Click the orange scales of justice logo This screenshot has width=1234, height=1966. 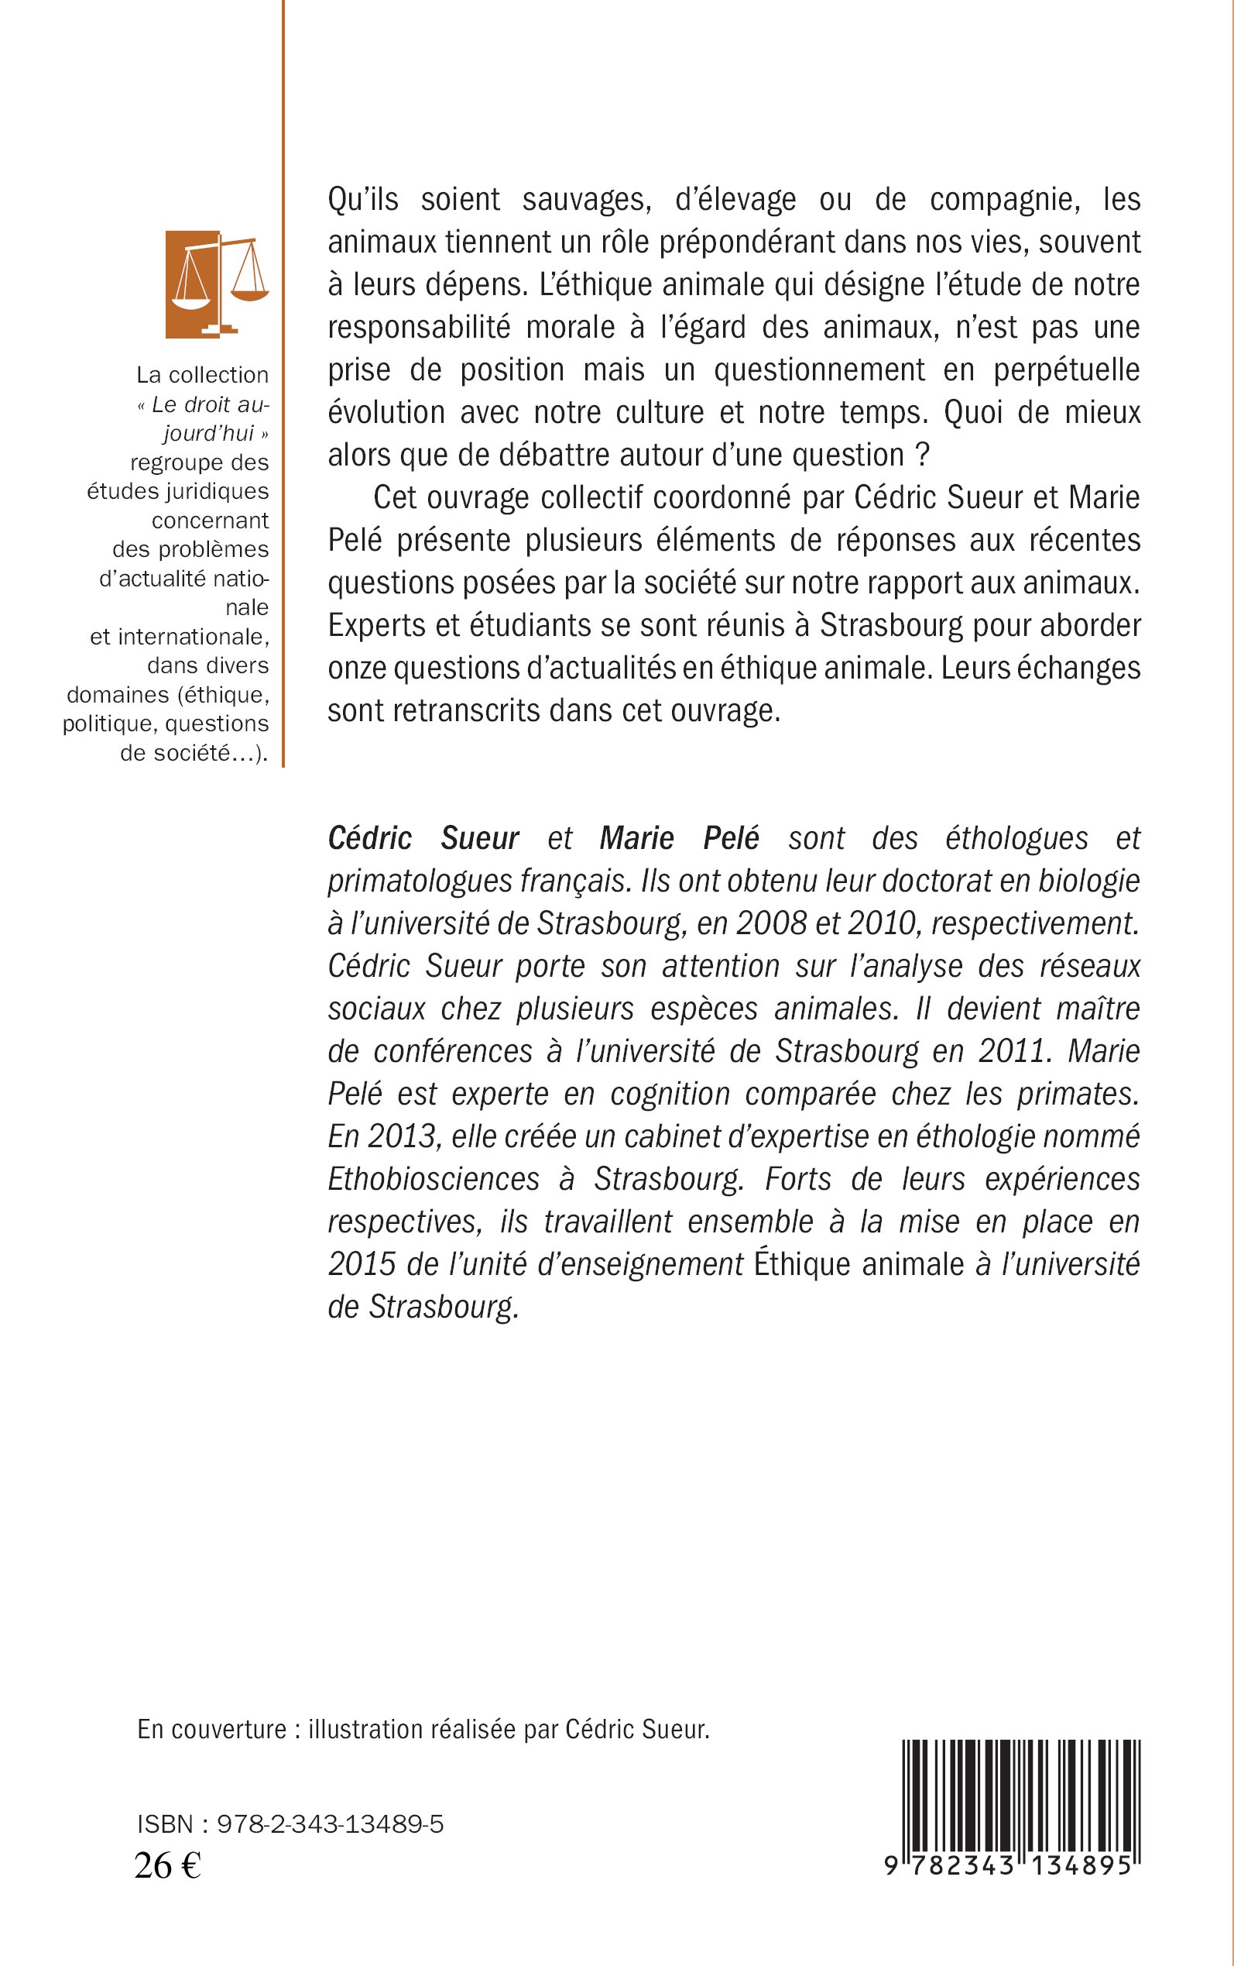coord(217,284)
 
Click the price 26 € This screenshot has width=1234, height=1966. coord(167,1865)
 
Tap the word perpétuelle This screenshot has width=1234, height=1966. coord(1066,369)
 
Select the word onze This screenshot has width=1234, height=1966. coord(357,668)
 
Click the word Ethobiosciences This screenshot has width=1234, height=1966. coord(434,1179)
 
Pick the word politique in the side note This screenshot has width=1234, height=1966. coord(108,724)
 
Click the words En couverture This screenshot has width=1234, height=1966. coord(211,1729)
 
